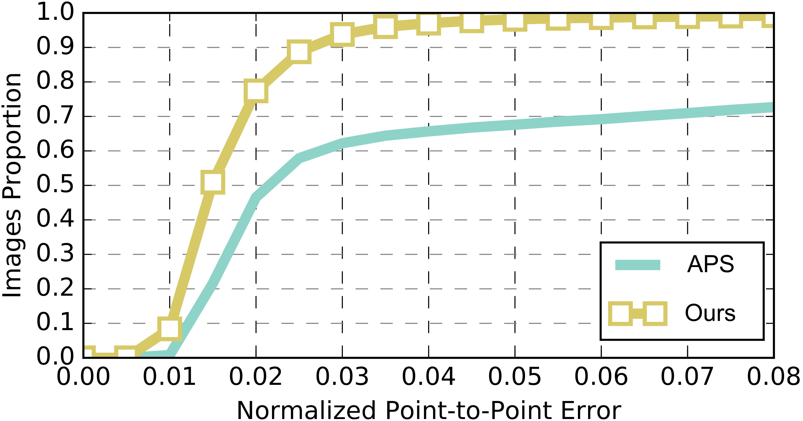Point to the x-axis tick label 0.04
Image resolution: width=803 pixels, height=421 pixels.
pyautogui.click(x=428, y=377)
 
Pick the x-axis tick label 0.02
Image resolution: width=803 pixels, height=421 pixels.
pyautogui.click(x=256, y=377)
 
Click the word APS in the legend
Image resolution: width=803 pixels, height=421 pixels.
pyautogui.click(x=711, y=264)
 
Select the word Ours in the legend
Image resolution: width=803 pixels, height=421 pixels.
pyautogui.click(x=710, y=313)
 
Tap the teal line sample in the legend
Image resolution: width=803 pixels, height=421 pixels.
pyautogui.click(x=637, y=265)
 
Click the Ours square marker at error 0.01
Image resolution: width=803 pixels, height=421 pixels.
pyautogui.click(x=170, y=329)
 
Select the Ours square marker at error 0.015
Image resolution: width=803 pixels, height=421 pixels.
pyautogui.click(x=213, y=182)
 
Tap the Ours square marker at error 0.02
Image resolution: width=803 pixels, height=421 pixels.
pyautogui.click(x=256, y=91)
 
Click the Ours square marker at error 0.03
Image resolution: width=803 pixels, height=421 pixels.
pyautogui.click(x=342, y=34)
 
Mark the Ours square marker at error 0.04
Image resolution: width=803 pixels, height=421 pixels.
pyautogui.click(x=428, y=23)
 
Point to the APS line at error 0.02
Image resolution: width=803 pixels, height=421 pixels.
pyautogui.click(x=256, y=198)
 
